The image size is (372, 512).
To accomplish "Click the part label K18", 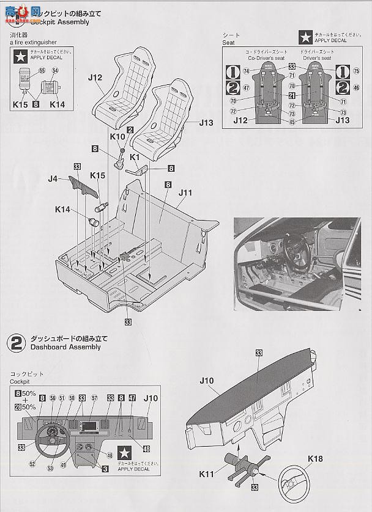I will [x=315, y=458].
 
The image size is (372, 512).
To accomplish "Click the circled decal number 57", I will [x=94, y=398].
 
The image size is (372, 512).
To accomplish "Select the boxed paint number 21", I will [x=292, y=96].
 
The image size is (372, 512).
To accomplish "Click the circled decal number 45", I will [x=292, y=121].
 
